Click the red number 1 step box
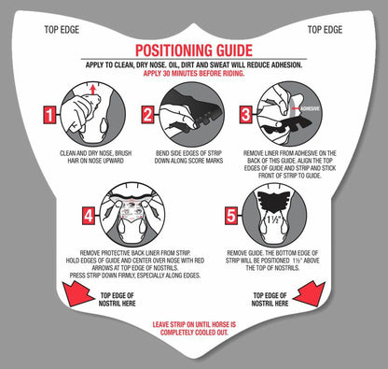[x=49, y=115]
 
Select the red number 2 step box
[x=147, y=115]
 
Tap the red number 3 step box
[x=245, y=115]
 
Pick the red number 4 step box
[x=89, y=216]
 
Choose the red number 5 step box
[x=231, y=216]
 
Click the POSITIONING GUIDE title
[x=194, y=50]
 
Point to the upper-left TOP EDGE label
[x=62, y=30]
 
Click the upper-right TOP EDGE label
[x=325, y=30]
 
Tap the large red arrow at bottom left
[x=77, y=294]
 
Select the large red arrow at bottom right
[x=310, y=294]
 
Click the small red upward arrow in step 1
[x=92, y=90]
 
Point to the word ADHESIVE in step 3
[x=310, y=108]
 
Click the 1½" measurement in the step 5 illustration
[x=274, y=220]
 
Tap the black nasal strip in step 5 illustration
[x=274, y=201]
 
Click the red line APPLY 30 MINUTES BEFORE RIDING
[x=194, y=74]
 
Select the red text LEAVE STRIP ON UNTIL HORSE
[x=194, y=324]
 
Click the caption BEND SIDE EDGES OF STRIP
[x=188, y=153]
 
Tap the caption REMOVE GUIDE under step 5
[x=246, y=253]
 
